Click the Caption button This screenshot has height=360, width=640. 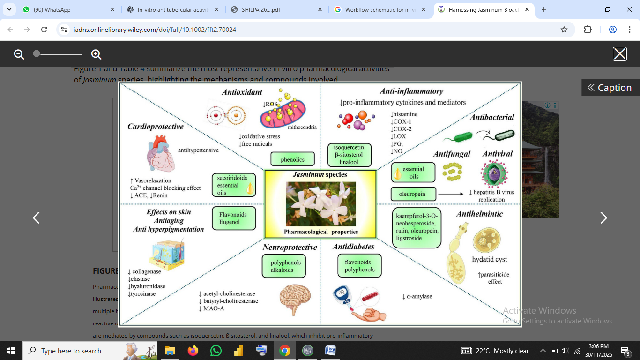[610, 88]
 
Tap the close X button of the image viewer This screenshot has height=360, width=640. [619, 54]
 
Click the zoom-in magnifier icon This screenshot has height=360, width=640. [97, 54]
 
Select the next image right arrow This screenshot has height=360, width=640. [603, 218]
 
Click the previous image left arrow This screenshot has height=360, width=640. [36, 218]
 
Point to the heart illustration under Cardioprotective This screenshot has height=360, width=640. [161, 151]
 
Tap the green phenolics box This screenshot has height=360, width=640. [292, 160]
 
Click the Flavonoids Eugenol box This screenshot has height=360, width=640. [234, 218]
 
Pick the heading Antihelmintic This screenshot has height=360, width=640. [479, 214]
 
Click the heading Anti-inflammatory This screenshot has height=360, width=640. [411, 91]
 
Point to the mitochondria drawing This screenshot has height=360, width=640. [283, 112]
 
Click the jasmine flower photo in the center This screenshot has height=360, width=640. [320, 203]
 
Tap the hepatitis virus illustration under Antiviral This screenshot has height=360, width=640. [494, 173]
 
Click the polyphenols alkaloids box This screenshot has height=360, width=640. [282, 266]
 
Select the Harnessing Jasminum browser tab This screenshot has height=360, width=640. [483, 9]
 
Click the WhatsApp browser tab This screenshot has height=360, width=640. [68, 9]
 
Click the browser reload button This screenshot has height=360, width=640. [44, 30]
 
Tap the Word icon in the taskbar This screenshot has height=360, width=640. [330, 351]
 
